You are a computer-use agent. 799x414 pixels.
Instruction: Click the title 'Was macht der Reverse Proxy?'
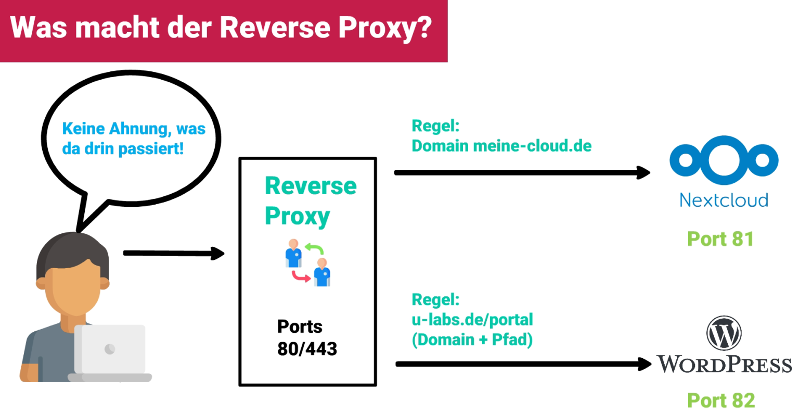[x=221, y=27]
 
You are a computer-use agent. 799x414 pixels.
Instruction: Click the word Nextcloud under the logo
[x=724, y=200]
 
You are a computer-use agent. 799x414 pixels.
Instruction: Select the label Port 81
[x=720, y=239]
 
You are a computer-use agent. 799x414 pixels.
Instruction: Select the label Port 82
[x=720, y=400]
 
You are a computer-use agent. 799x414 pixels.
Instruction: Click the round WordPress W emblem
[x=724, y=333]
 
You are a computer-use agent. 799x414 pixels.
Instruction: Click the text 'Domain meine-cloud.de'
[x=501, y=146]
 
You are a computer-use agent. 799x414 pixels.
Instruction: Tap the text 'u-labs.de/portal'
[x=472, y=319]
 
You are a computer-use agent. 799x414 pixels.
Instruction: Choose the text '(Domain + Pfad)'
[x=472, y=340]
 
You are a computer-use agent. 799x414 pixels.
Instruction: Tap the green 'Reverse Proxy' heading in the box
[x=310, y=200]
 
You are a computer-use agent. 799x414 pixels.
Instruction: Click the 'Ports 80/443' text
[x=306, y=337]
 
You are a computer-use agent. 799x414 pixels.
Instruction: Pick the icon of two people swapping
[x=307, y=262]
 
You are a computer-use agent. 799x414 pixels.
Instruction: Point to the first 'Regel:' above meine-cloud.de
[x=435, y=126]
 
